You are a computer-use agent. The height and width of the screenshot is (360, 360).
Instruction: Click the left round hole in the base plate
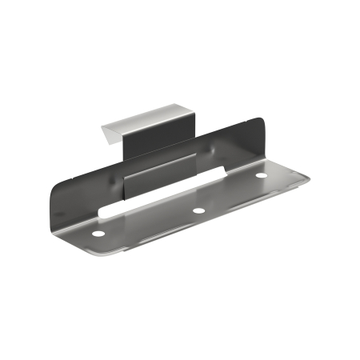click(x=98, y=234)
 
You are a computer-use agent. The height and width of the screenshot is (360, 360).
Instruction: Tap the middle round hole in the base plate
click(x=197, y=210)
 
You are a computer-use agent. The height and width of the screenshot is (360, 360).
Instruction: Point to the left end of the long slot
click(x=102, y=212)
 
